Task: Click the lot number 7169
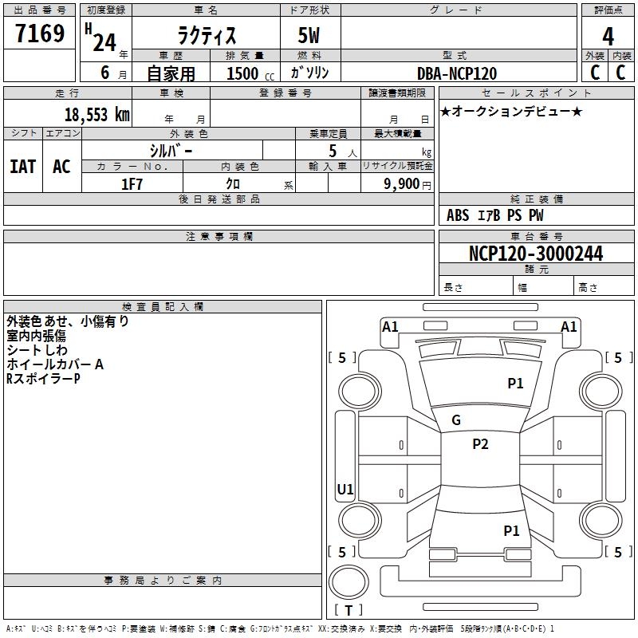(40, 33)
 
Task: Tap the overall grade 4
(608, 37)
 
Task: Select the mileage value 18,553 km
(96, 115)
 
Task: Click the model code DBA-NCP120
(457, 73)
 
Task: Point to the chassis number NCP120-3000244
(536, 254)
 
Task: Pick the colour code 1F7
(132, 184)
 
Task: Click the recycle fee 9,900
(402, 184)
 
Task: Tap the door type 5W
(309, 35)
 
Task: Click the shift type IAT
(23, 167)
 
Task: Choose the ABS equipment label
(458, 215)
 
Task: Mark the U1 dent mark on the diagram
(345, 489)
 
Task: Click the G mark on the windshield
(456, 420)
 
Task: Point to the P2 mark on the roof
(480, 444)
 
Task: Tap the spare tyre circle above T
(349, 582)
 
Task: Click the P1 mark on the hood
(515, 384)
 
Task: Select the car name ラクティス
(207, 35)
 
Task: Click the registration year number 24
(104, 42)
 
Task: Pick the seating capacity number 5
(333, 151)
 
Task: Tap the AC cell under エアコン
(61, 167)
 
